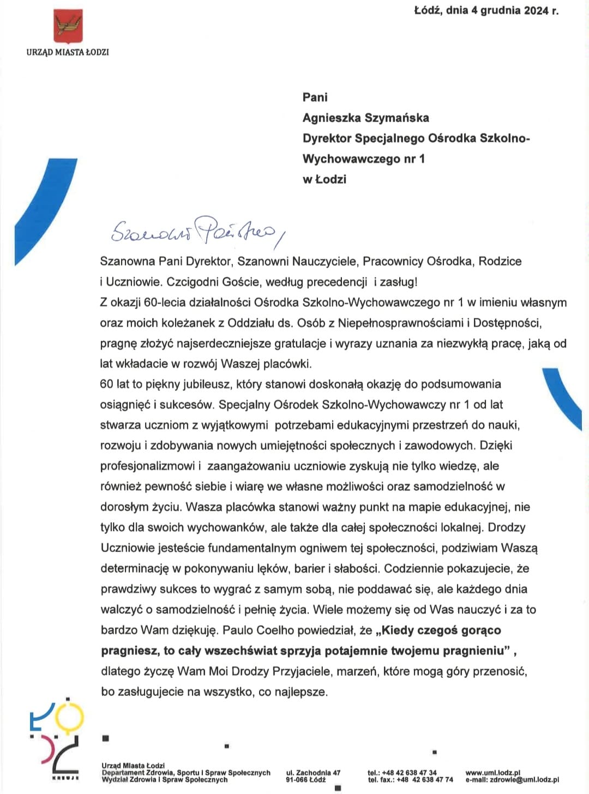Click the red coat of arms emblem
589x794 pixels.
coord(68,26)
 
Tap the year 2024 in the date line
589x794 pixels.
coord(537,10)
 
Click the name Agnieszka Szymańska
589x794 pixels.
coord(365,118)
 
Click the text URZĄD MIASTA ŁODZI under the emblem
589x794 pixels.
coord(68,52)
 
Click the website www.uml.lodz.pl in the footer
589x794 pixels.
coord(492,773)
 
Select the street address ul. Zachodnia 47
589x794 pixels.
coord(313,773)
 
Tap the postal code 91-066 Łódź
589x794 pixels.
coord(305,780)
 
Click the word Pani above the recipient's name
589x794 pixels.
coord(315,97)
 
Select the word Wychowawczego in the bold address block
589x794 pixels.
coord(350,159)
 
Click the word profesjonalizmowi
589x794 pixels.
coord(147,466)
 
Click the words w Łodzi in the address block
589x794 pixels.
coord(324,179)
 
